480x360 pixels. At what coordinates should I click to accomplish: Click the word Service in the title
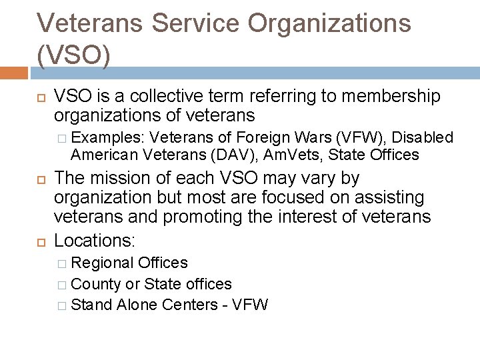tap(199, 23)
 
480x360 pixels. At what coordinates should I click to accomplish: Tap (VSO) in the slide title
tap(74, 56)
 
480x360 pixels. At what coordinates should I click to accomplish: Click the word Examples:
tap(109, 138)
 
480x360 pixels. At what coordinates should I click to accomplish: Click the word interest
tap(349, 217)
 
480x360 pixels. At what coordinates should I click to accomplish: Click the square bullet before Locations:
tap(41, 240)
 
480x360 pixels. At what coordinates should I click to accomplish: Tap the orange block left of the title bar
tap(14, 72)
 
